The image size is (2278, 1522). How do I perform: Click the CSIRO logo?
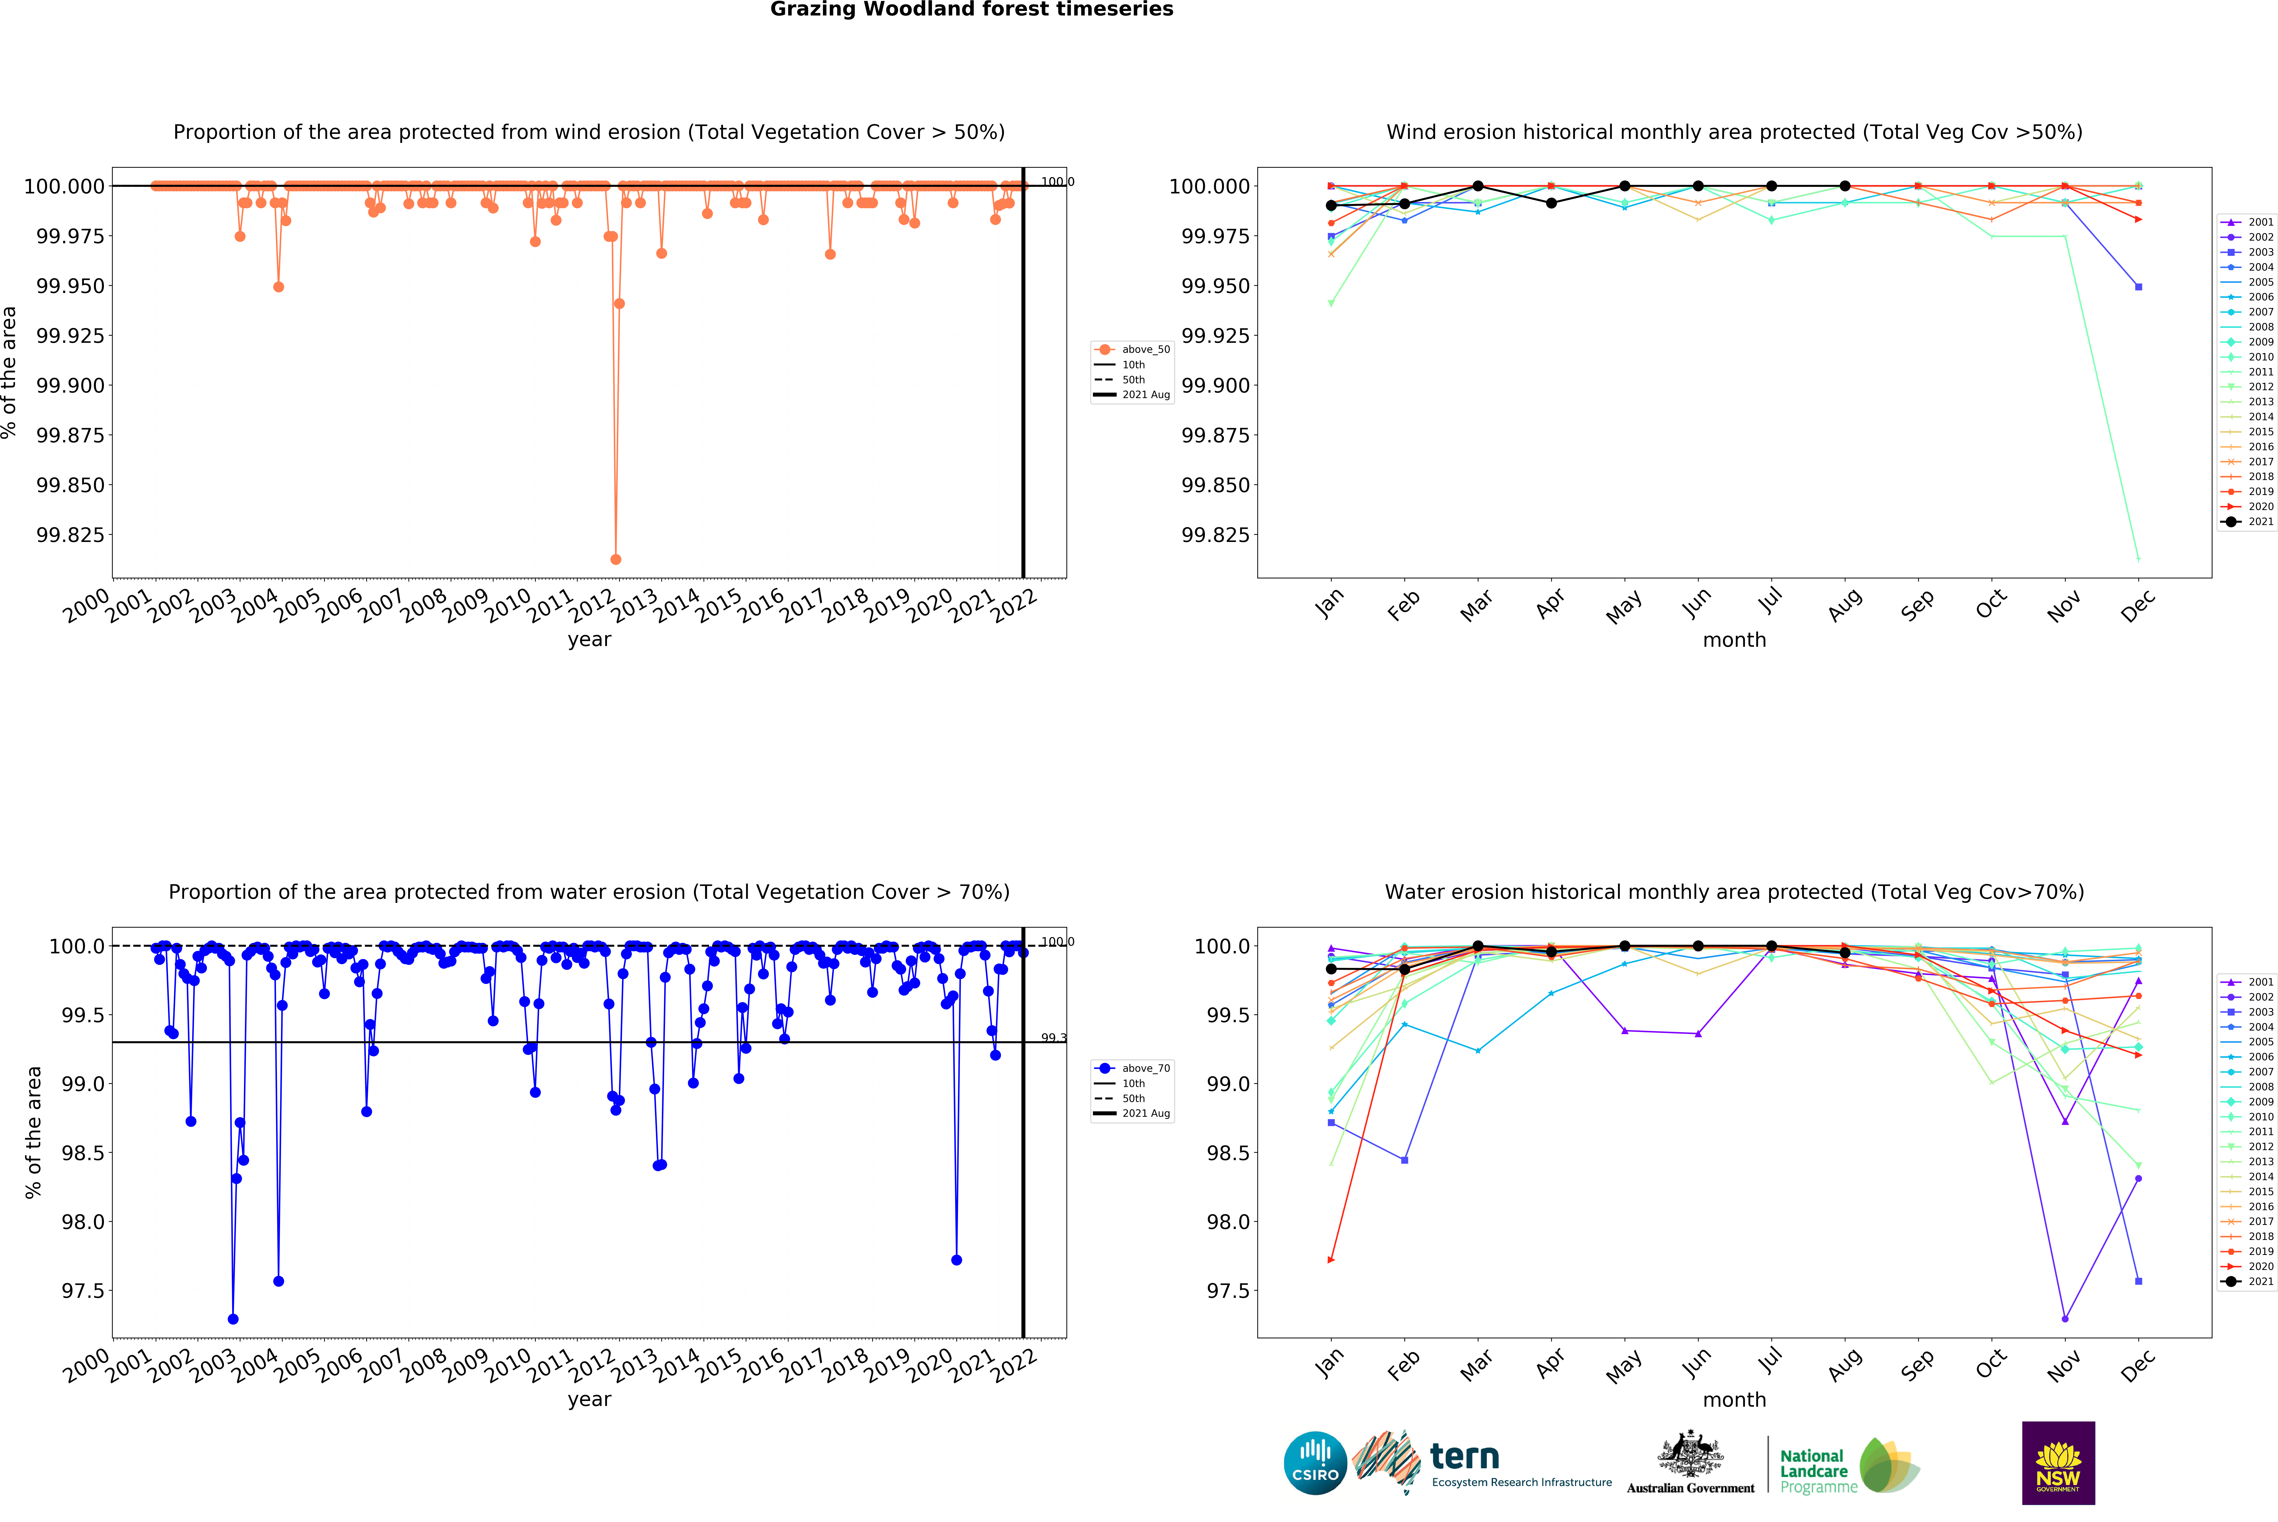1315,1463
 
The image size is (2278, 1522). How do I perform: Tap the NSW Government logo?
2058,1463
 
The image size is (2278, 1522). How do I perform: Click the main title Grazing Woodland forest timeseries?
971,10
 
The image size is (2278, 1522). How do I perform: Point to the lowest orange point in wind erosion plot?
616,559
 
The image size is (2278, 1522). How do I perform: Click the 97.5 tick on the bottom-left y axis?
83,1291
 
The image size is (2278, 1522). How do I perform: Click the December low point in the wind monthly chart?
2138,558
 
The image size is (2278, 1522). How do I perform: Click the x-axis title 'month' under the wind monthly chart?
1734,640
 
